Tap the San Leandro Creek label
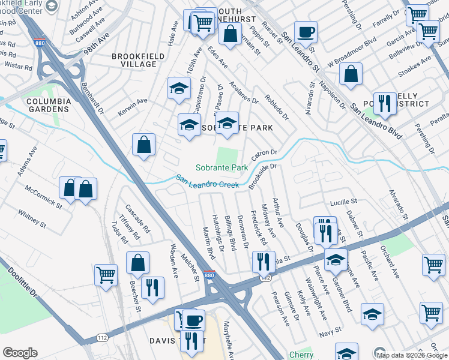[207, 181]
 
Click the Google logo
[20, 352]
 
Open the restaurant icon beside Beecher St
[151, 288]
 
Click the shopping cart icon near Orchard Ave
[433, 265]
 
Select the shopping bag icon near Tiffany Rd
[137, 263]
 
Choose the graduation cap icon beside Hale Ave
[179, 88]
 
